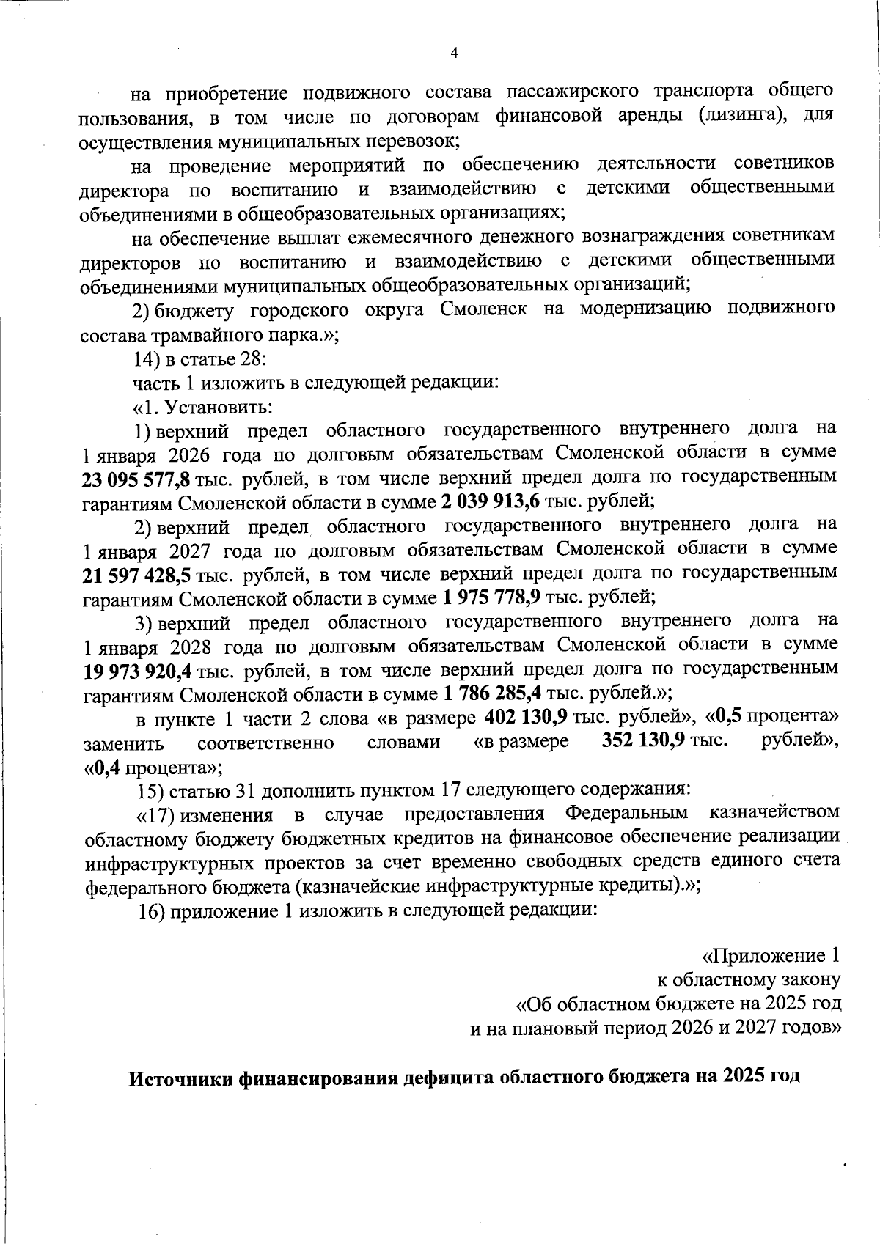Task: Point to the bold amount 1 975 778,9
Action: coord(491,597)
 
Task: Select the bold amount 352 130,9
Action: coord(644,741)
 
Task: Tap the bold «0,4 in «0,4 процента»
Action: coord(103,768)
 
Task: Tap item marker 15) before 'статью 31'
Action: coord(152,791)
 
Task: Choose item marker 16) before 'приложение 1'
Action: coord(152,910)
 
